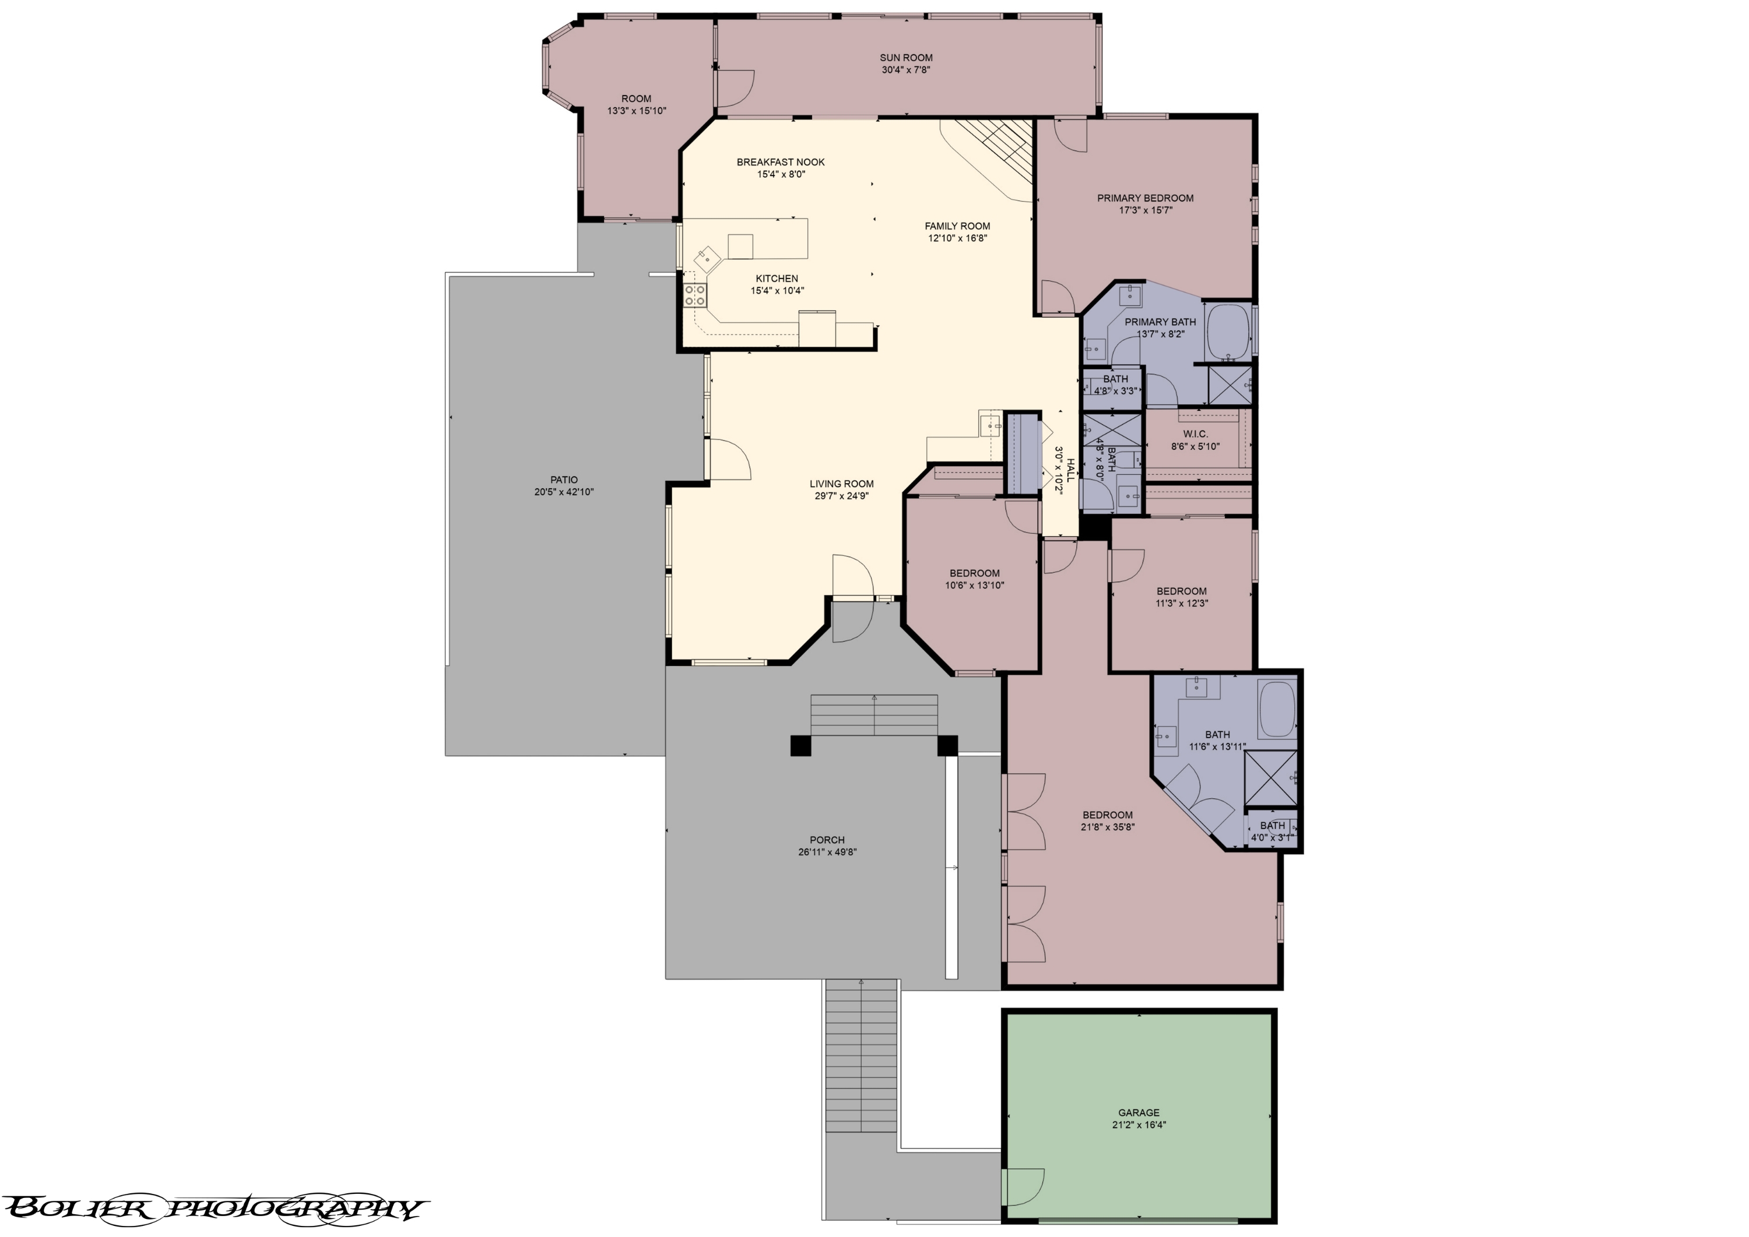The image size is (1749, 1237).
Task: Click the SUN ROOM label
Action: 905,58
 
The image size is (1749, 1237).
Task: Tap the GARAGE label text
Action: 1139,1113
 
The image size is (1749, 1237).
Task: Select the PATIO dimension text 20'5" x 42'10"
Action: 564,492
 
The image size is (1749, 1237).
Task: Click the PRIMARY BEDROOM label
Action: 1144,198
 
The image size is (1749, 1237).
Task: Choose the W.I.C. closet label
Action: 1195,434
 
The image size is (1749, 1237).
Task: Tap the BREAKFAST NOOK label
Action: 781,162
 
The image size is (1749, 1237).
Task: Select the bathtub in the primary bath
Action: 1228,332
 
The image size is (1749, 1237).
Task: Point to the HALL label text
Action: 1070,470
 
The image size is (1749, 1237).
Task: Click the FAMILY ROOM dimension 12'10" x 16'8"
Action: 957,238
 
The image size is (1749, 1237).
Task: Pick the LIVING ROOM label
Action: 841,484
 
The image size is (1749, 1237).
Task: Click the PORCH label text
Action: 827,840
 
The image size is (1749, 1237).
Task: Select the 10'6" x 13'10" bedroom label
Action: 975,586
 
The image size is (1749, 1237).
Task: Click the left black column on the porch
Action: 801,746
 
